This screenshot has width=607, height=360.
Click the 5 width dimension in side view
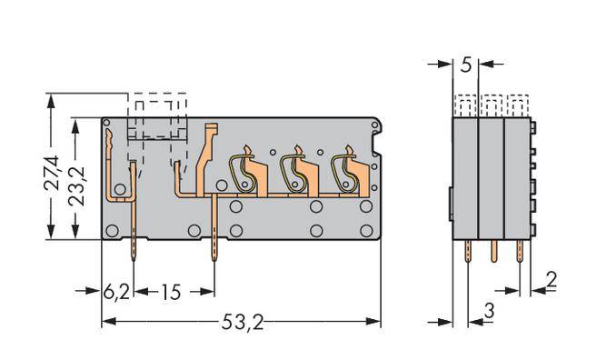[x=465, y=65]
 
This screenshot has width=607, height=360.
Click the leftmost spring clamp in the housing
[x=240, y=172]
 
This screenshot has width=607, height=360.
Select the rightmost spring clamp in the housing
[x=344, y=172]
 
